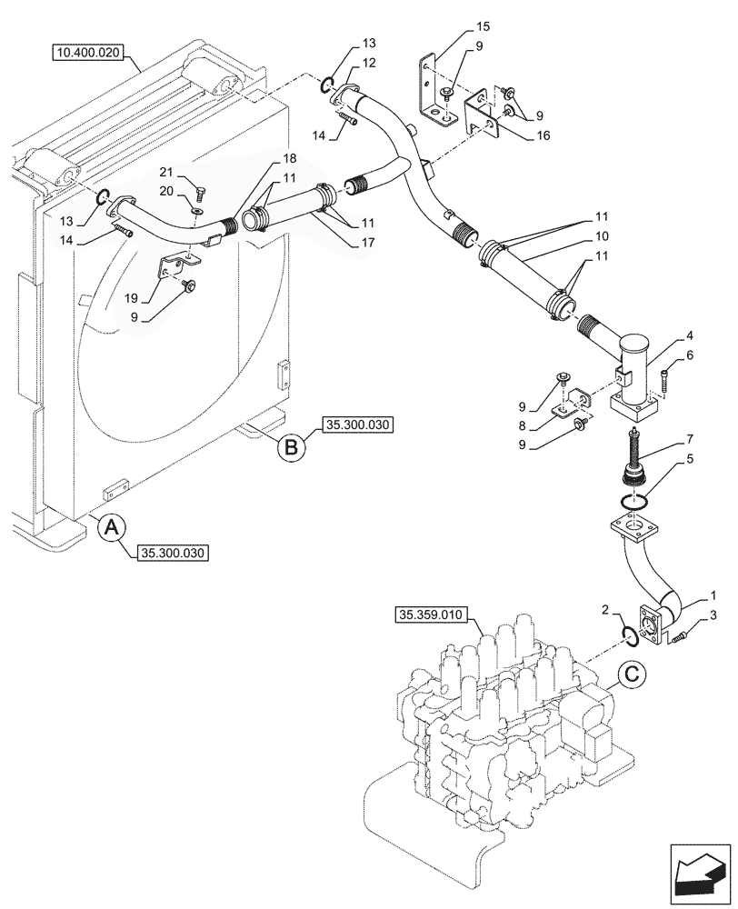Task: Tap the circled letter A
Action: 110,528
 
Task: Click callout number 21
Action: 165,173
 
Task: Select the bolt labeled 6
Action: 666,375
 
